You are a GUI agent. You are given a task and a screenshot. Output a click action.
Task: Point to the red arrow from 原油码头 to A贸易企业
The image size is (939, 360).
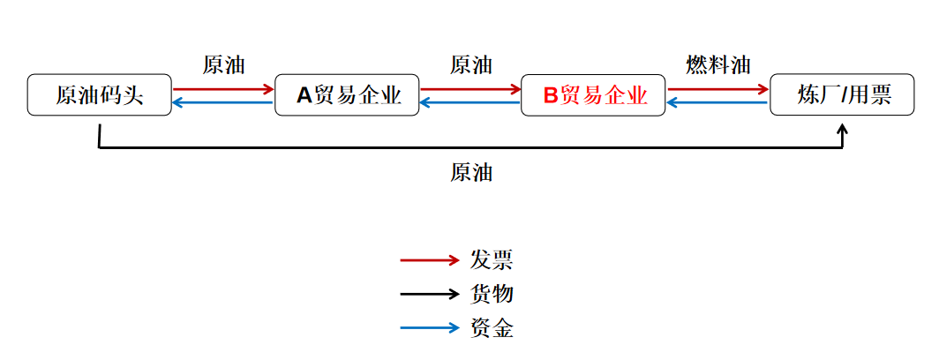click(x=223, y=89)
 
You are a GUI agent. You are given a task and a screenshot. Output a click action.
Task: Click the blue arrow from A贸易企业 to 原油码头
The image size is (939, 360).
click(x=223, y=103)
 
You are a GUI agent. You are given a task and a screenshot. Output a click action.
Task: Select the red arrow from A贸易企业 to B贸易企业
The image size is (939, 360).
click(x=470, y=89)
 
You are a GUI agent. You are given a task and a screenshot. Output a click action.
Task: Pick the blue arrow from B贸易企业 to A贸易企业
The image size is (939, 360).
click(x=470, y=103)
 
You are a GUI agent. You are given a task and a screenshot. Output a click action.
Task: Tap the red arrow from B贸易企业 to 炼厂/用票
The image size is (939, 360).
click(x=717, y=89)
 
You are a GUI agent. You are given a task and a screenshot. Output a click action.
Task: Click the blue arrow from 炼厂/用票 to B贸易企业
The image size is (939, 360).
click(x=717, y=103)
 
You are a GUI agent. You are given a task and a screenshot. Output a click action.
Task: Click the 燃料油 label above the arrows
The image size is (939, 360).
click(x=717, y=65)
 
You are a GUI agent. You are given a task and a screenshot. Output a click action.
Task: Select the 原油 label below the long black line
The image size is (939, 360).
click(x=470, y=173)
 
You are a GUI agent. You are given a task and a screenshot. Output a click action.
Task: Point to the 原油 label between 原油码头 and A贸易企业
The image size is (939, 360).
click(x=223, y=65)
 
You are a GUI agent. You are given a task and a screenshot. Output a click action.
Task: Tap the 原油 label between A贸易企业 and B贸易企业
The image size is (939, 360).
click(x=470, y=65)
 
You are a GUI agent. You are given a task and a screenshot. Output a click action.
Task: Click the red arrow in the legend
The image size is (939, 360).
click(x=430, y=260)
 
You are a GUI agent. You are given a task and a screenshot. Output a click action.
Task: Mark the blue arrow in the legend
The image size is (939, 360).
click(x=430, y=329)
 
